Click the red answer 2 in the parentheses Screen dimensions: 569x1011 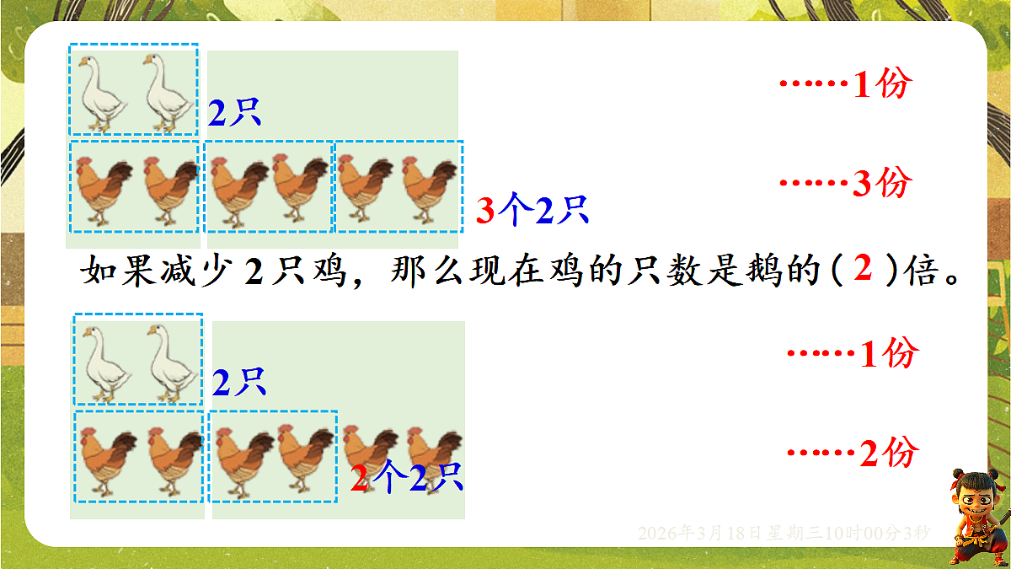coord(862,270)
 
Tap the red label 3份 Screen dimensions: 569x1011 coord(880,184)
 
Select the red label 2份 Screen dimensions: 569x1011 coord(887,454)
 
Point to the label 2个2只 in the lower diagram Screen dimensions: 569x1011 coord(407,480)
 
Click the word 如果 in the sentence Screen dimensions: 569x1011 coord(114,271)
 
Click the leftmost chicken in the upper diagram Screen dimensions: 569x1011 coord(102,192)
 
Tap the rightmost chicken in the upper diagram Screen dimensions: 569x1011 coord(430,192)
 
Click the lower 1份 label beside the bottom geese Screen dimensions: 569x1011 coord(887,355)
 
